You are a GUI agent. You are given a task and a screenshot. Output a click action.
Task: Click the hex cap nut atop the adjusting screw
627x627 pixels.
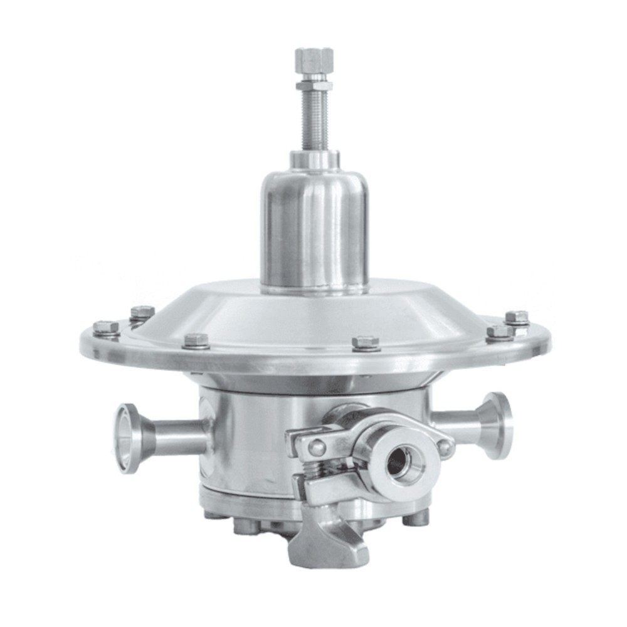click(x=314, y=59)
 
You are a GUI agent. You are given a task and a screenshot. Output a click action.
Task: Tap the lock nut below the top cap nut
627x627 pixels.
click(x=314, y=83)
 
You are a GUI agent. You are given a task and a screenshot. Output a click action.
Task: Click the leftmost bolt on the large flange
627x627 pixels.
click(x=106, y=328)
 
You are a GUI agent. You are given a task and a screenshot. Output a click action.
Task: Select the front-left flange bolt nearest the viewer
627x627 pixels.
click(x=196, y=340)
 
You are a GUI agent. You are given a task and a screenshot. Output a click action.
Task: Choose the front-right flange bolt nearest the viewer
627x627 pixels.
click(x=366, y=342)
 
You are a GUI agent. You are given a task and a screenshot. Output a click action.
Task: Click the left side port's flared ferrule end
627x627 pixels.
click(x=127, y=438)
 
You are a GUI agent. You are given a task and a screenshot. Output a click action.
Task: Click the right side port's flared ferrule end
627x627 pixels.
click(x=498, y=425)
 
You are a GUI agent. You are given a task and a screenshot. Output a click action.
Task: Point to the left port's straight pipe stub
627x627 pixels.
click(x=179, y=438)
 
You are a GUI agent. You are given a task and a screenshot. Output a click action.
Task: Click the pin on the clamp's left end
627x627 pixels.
click(x=317, y=447)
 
